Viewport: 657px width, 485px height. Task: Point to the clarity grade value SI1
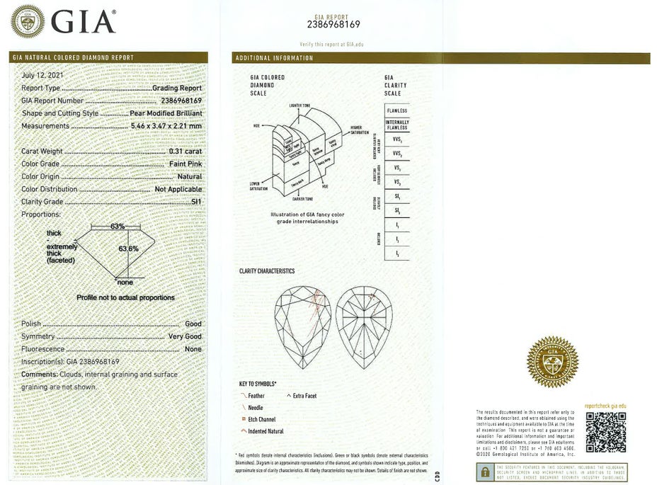click(195, 202)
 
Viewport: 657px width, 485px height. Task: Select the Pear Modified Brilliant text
click(166, 113)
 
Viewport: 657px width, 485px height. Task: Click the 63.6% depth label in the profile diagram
click(128, 249)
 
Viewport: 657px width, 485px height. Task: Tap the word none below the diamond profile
click(125, 282)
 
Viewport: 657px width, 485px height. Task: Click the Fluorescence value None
click(193, 349)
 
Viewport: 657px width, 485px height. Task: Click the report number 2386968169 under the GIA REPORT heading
click(334, 25)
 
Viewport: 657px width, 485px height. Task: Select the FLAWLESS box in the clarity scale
click(396, 111)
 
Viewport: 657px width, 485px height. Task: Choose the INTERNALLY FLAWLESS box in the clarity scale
click(396, 125)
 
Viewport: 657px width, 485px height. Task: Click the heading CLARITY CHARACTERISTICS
click(267, 271)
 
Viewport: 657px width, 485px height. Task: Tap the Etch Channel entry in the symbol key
click(261, 419)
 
